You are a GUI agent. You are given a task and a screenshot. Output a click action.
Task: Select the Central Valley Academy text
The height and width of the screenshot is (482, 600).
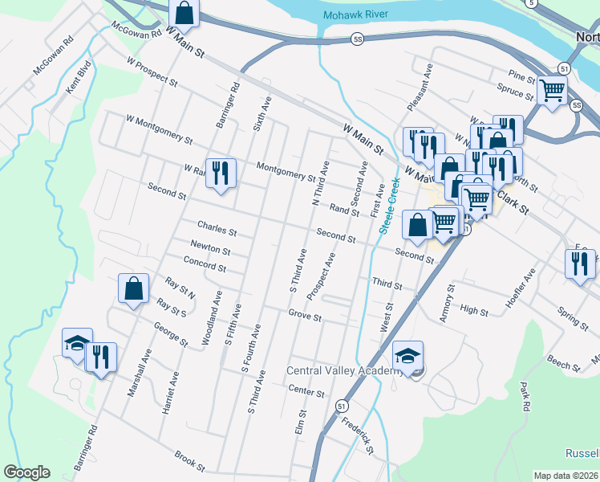pos(345,370)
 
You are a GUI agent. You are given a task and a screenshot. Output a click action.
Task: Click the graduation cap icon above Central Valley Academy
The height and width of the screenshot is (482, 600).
pos(408,355)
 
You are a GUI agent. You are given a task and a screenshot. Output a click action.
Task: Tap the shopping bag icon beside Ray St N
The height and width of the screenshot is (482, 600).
pos(133,288)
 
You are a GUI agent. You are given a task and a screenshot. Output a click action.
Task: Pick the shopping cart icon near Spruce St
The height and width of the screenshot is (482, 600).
pos(552,91)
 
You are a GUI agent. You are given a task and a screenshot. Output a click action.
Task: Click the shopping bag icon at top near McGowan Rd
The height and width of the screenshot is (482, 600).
pos(184,14)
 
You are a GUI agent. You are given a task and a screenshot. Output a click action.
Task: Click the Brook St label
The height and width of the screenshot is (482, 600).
pos(190,460)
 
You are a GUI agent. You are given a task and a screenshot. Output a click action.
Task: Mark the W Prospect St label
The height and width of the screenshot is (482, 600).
pos(152,71)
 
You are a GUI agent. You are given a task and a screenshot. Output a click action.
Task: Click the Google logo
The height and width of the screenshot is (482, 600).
pos(26,472)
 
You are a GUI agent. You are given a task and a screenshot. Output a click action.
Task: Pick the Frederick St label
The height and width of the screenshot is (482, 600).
pos(358,434)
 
